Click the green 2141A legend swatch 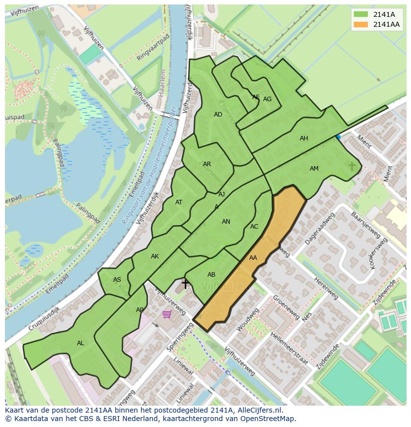coord(361,15)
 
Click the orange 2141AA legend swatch coord(361,25)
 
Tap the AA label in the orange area coord(253,258)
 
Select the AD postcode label coord(218,115)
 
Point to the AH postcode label coord(304,138)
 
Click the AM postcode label coord(314,169)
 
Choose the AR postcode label coord(207,164)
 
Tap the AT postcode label coord(179,202)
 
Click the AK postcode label coord(155,256)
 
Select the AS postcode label coord(117,280)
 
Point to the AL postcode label coord(80,343)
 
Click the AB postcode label coord(211,275)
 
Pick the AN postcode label coord(226,222)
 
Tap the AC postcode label coord(254,227)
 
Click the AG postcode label coord(267,99)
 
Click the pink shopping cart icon coord(167,314)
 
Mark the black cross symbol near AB coord(185,284)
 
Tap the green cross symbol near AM coord(352,166)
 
